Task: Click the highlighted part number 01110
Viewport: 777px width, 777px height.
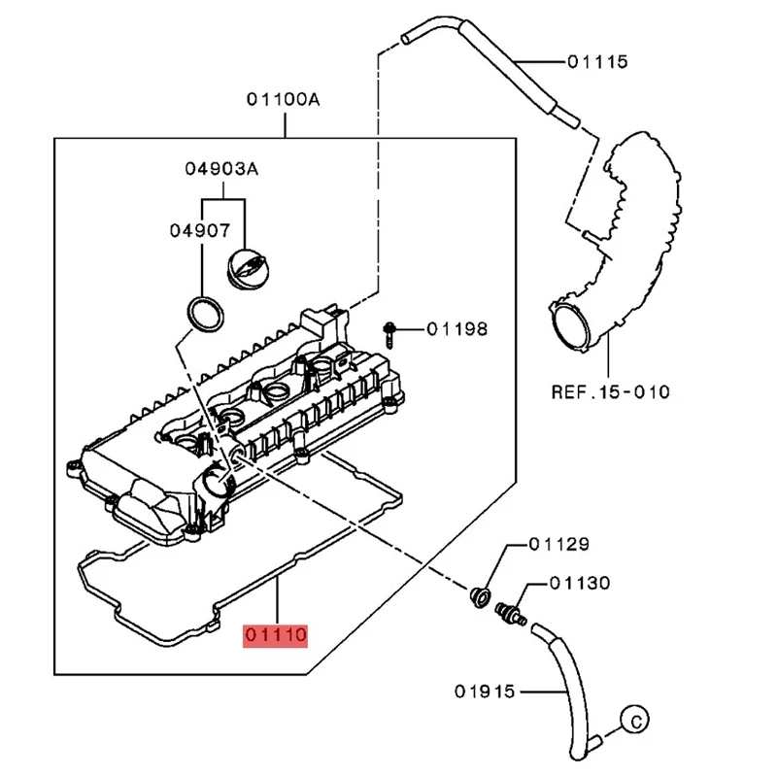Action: pyautogui.click(x=275, y=635)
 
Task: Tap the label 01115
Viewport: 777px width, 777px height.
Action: pyautogui.click(x=597, y=62)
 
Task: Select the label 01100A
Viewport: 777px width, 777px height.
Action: pyautogui.click(x=284, y=100)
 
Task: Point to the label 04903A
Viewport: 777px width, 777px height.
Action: pyautogui.click(x=221, y=169)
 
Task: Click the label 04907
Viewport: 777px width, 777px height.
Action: pyautogui.click(x=200, y=230)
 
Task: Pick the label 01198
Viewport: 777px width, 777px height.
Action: pyautogui.click(x=456, y=329)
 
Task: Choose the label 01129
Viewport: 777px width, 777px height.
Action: pyautogui.click(x=559, y=544)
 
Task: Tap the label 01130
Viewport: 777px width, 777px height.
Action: pyautogui.click(x=580, y=583)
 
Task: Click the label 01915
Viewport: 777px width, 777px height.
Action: pyautogui.click(x=485, y=692)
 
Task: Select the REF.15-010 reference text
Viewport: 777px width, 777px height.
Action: pyautogui.click(x=611, y=392)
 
